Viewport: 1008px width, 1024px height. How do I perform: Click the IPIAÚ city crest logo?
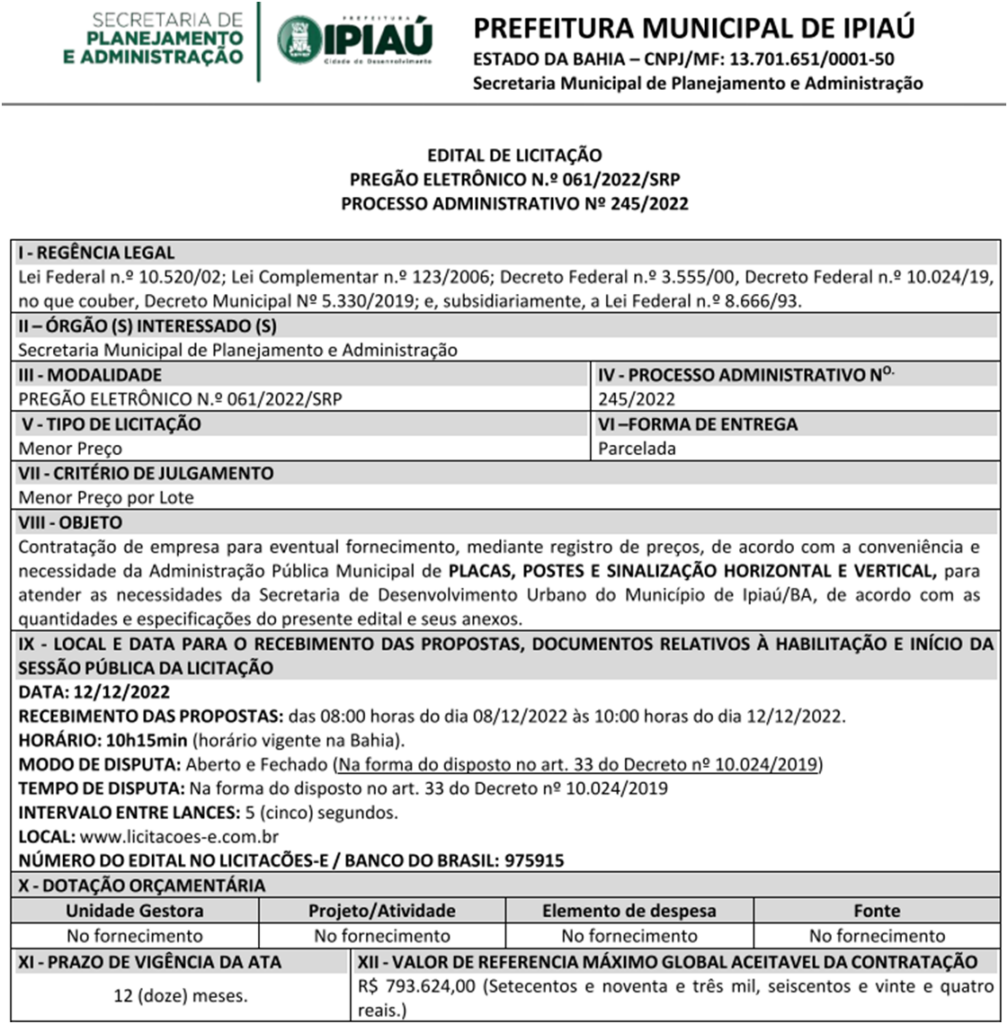point(299,40)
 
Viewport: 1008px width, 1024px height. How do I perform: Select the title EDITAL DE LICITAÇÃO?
point(514,155)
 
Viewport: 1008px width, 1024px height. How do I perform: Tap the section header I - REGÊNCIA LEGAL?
point(97,253)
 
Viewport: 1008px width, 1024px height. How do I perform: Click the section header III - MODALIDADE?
point(90,375)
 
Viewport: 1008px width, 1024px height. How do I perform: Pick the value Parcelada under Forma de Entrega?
point(637,448)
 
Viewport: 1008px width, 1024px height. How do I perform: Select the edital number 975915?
point(535,860)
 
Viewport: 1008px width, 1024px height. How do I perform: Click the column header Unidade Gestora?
point(134,911)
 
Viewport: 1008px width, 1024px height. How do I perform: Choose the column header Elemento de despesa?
point(629,911)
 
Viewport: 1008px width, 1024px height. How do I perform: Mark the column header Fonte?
point(877,911)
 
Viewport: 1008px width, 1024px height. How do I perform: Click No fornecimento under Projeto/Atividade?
point(382,936)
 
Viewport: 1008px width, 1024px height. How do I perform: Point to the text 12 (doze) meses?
point(181,996)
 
